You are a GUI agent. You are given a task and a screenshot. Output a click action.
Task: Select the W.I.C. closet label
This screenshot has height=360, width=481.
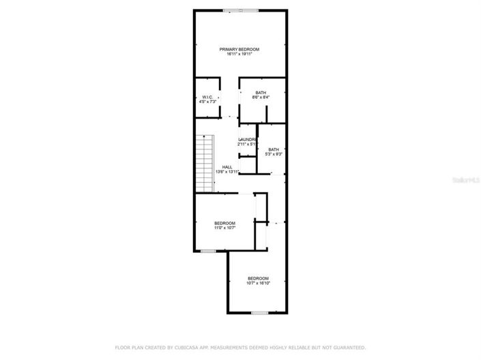pyautogui.click(x=207, y=97)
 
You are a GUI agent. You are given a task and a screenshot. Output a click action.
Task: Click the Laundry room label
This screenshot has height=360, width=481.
pyautogui.click(x=246, y=140)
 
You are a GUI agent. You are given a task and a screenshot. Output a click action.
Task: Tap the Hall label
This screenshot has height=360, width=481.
pyautogui.click(x=227, y=167)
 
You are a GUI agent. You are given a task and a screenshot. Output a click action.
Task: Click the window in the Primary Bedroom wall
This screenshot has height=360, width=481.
pyautogui.click(x=240, y=10)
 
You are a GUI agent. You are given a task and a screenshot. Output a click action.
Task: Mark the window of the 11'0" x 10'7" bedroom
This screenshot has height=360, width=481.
pyautogui.click(x=208, y=251)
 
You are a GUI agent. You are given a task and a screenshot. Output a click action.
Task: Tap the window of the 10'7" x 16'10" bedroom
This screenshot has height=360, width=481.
pyautogui.click(x=259, y=312)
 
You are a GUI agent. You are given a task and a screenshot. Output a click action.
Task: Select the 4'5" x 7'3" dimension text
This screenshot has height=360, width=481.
pyautogui.click(x=207, y=102)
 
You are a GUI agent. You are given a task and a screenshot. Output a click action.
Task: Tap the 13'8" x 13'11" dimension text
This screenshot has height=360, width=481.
pyautogui.click(x=227, y=172)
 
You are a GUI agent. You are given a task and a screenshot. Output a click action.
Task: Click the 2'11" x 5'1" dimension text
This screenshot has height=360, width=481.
pyautogui.click(x=246, y=145)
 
